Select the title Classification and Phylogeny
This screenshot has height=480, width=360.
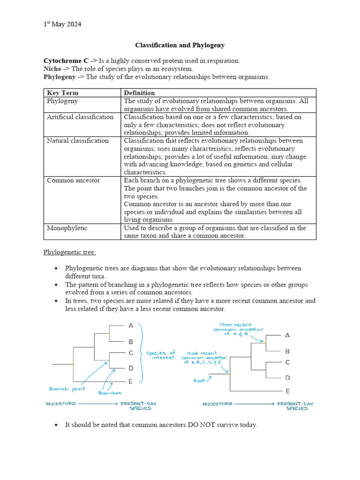pos(180,45)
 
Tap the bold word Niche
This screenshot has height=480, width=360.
pos(52,68)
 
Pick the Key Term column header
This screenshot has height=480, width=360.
pos(63,93)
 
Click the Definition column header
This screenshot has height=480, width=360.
pos(139,93)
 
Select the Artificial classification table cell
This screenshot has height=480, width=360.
pos(80,117)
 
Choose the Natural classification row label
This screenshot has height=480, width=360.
pos(77,141)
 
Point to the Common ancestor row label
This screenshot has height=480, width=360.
pos(73,180)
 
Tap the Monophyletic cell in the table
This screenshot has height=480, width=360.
pos(67,228)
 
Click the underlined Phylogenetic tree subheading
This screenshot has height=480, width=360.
pos(69,252)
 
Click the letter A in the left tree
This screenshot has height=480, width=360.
pos(131,325)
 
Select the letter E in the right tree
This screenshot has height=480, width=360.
pos(287,391)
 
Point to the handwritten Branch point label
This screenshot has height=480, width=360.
pos(67,389)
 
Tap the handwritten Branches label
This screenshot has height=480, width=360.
pos(110,393)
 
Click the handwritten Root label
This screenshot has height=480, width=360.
pos(199,381)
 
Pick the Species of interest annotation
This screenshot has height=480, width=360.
pos(161,355)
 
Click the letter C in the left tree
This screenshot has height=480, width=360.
pos(131,352)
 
